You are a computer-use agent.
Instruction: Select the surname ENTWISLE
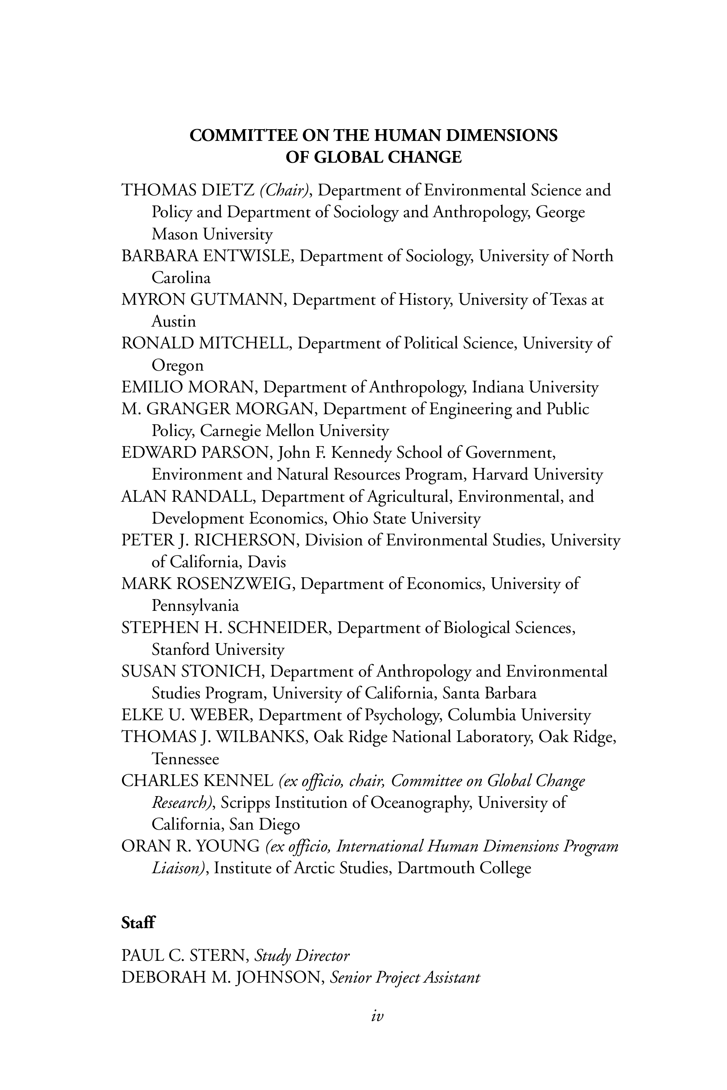coord(247,256)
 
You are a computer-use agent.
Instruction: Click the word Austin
coord(174,322)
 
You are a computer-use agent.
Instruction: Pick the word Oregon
coord(178,366)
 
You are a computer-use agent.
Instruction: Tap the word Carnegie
coord(231,431)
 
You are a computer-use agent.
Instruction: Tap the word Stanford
coord(181,650)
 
